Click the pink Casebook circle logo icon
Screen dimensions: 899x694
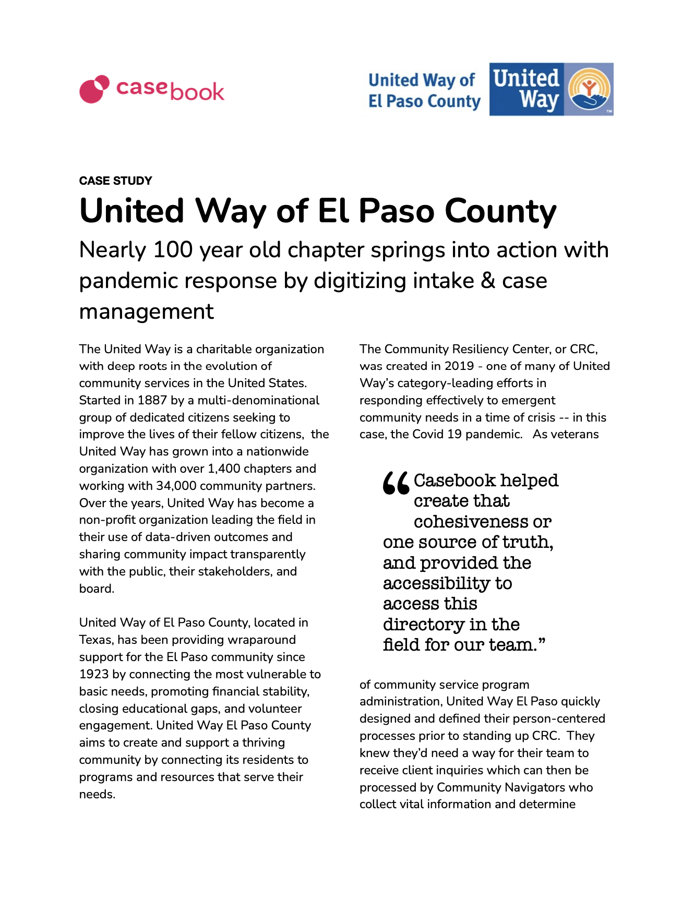(x=94, y=89)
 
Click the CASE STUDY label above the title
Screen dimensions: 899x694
(x=115, y=181)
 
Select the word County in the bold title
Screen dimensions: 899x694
(x=500, y=211)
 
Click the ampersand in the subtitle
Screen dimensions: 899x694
(x=487, y=281)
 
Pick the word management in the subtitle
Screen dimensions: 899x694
(x=146, y=311)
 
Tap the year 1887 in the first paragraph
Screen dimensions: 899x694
(x=152, y=400)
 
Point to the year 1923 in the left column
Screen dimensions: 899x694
(x=94, y=674)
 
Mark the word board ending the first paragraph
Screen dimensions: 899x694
(x=96, y=589)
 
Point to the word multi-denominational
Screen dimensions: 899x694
(x=258, y=400)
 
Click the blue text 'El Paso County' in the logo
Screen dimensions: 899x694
(x=424, y=101)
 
